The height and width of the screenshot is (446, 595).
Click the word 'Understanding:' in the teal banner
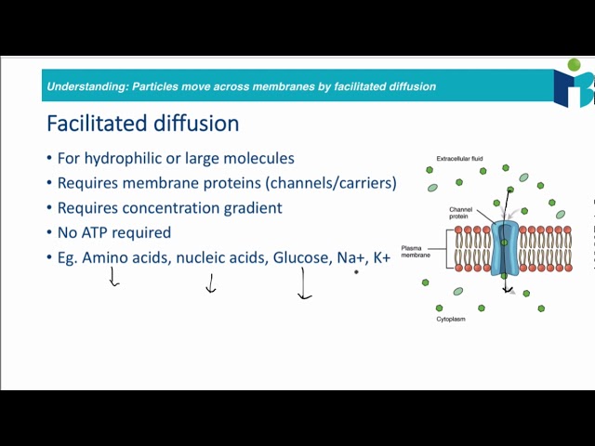point(87,86)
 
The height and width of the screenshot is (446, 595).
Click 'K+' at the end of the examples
point(381,257)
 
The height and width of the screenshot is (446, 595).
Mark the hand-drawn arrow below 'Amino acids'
point(113,277)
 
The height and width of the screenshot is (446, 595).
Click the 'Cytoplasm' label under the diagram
point(451,319)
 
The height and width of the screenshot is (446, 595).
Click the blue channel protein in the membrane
point(505,248)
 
